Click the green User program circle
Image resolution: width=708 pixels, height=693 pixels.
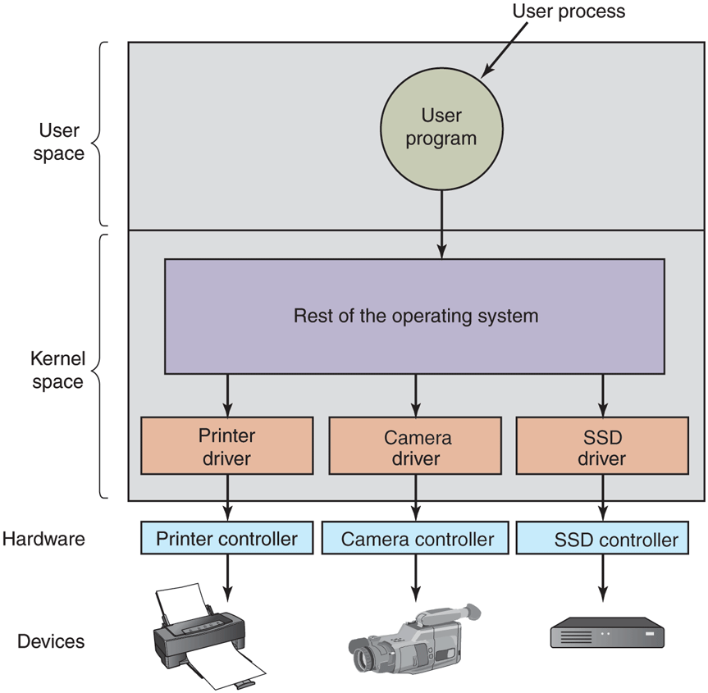(x=441, y=128)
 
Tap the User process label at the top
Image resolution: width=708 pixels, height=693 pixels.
(x=568, y=11)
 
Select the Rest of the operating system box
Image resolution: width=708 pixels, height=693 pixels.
(x=415, y=316)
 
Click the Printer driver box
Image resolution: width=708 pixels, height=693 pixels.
(x=226, y=445)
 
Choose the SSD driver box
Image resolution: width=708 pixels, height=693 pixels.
(x=601, y=445)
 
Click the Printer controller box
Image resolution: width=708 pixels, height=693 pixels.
(x=226, y=539)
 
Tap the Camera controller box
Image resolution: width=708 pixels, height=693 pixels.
(x=417, y=539)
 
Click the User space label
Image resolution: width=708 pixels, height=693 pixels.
(x=58, y=141)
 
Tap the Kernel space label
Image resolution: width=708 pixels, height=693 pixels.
(x=57, y=370)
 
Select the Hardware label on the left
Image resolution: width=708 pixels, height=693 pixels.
(x=43, y=539)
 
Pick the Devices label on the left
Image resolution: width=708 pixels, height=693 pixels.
(x=51, y=641)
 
